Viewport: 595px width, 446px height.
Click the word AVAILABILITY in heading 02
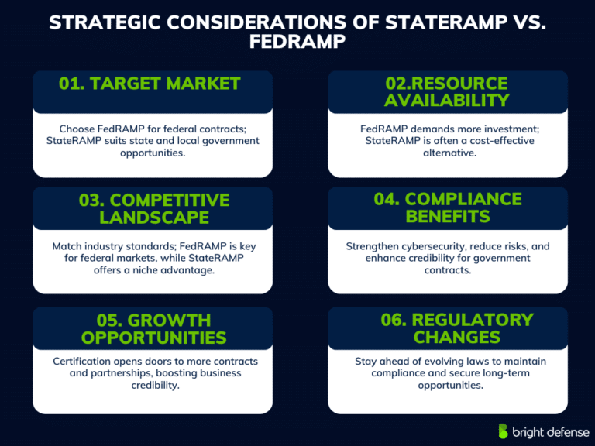(447, 100)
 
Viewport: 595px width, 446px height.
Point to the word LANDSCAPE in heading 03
(153, 217)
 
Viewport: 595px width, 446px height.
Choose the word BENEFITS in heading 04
(448, 217)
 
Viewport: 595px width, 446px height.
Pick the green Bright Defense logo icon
(504, 431)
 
